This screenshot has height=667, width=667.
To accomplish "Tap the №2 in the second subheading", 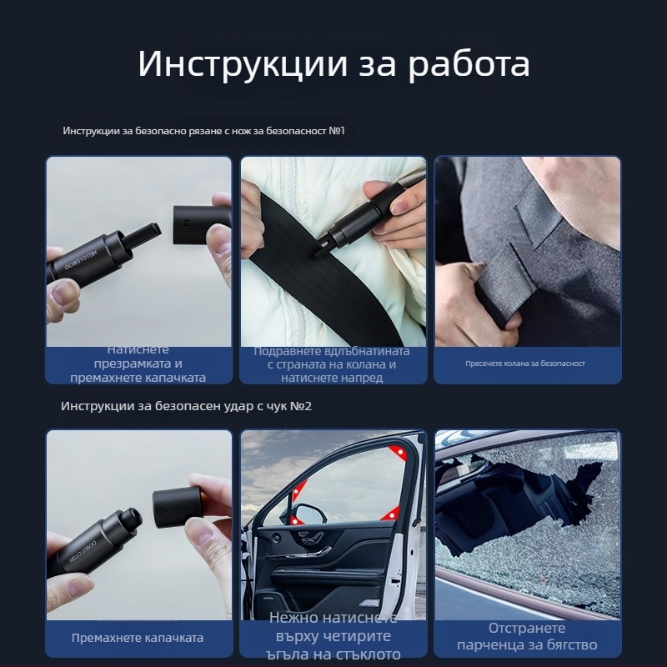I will (301, 406).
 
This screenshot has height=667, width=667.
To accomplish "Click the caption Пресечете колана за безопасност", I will (525, 364).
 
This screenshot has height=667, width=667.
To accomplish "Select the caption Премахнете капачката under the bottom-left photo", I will (138, 638).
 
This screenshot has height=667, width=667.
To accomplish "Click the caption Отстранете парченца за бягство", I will (527, 637).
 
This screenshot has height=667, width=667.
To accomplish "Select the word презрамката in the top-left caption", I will (139, 364).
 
